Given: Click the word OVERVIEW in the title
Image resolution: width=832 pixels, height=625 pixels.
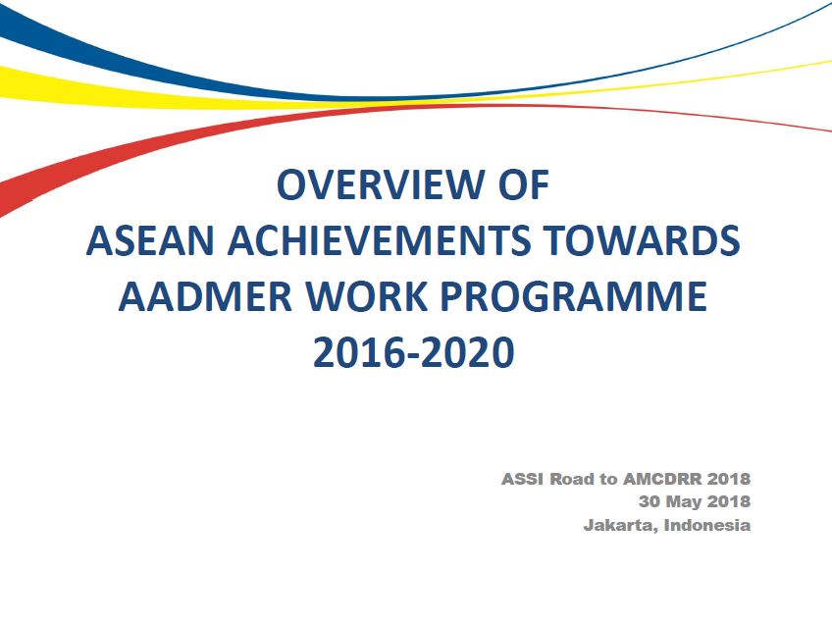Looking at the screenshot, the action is (x=379, y=184).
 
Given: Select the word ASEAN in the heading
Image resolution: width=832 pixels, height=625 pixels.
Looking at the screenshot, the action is (x=150, y=240).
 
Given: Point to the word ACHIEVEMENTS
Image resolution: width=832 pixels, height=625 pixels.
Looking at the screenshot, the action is (x=379, y=240).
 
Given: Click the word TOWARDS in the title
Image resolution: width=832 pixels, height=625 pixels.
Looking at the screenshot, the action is (x=642, y=240).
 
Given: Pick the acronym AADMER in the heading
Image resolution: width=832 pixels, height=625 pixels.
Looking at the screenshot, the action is (x=205, y=296).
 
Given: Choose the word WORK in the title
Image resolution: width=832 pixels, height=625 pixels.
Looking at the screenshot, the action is (x=367, y=296).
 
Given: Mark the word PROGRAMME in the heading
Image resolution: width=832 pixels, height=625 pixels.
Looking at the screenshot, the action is (x=574, y=296).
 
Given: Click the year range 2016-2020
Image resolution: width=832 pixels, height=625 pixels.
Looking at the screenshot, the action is (x=414, y=352).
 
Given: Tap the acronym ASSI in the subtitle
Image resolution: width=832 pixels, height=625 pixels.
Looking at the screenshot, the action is (x=522, y=479).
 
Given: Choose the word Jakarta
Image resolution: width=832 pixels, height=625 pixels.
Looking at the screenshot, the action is (x=621, y=525).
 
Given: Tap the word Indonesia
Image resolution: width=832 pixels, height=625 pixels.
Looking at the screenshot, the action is (x=707, y=525).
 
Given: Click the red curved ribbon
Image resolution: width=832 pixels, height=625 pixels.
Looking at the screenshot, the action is (x=212, y=135).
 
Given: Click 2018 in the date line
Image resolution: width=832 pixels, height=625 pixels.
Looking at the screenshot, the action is (x=729, y=501).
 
